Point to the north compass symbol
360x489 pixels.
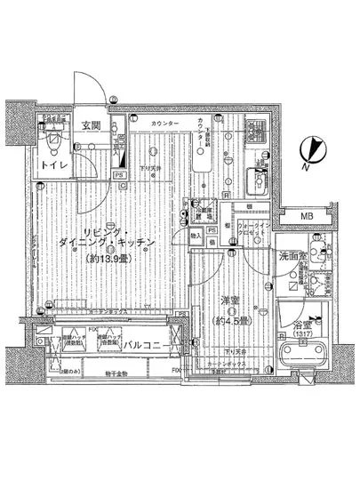[x=312, y=146]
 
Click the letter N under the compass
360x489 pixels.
[x=305, y=166]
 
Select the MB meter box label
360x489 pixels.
[x=305, y=217]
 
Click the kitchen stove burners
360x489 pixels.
[x=256, y=135]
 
